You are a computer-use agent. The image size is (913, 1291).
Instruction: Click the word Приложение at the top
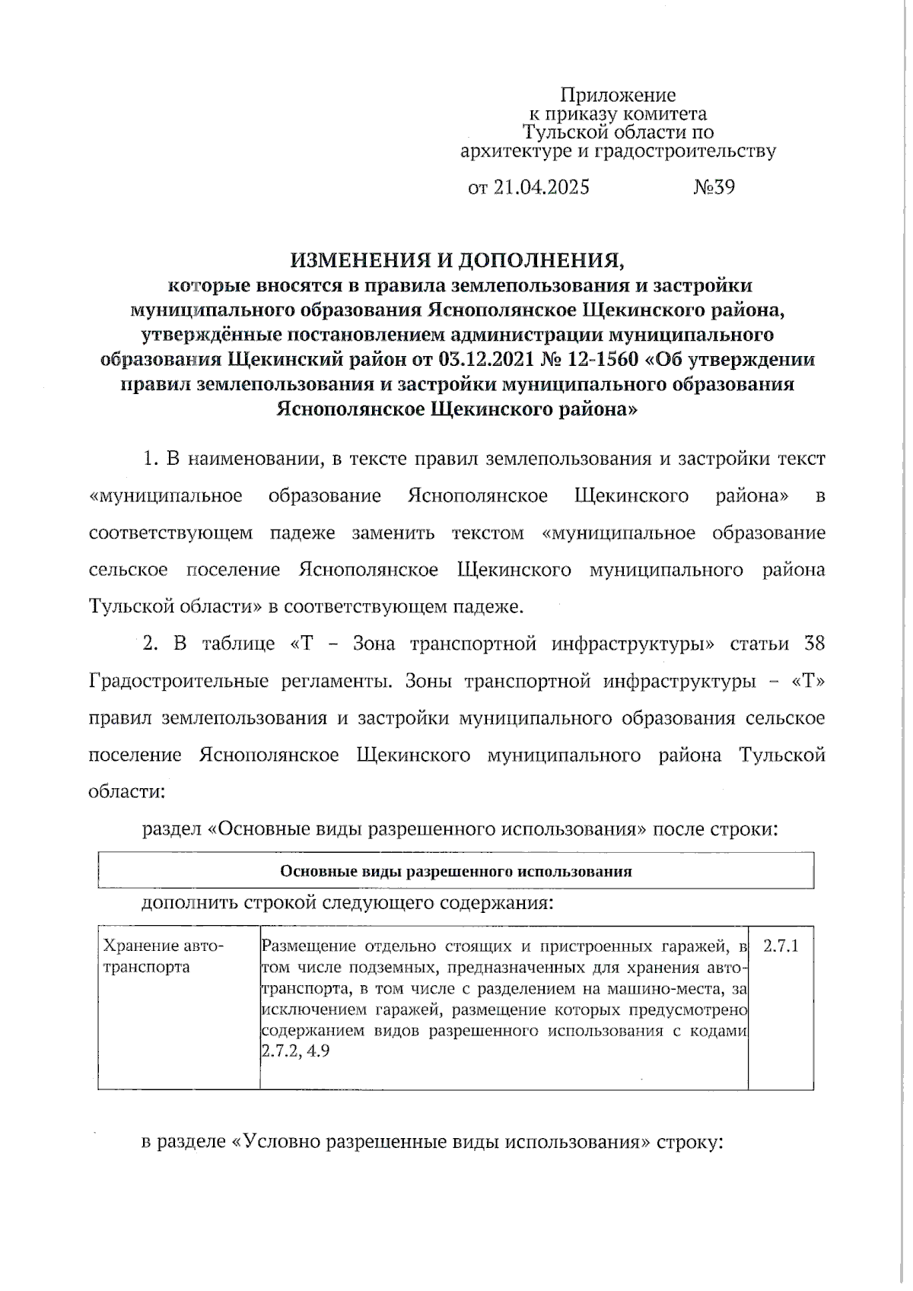618,95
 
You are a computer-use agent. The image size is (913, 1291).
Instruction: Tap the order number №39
714,187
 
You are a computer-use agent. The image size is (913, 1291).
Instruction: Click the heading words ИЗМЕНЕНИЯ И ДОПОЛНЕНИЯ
457,261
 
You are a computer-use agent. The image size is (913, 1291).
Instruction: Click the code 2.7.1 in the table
781,946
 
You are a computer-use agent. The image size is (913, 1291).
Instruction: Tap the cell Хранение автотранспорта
164,957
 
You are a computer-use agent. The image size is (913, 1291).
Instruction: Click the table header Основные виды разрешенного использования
456,871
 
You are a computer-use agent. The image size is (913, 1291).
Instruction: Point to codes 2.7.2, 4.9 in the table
295,1052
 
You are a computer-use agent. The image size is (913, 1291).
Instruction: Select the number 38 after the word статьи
814,644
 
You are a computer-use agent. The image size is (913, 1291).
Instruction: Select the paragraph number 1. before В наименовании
151,459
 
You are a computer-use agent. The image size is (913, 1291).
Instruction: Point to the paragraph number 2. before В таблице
151,644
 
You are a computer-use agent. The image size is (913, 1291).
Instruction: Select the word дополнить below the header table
189,903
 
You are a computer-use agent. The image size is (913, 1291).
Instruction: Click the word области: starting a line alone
126,790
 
